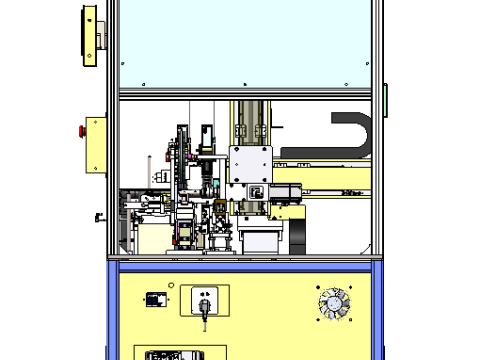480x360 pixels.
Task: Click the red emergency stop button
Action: coord(81,129)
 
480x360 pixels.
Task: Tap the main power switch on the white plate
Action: coord(203,301)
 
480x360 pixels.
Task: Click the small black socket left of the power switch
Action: coord(155,298)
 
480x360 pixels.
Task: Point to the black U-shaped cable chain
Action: coord(355,135)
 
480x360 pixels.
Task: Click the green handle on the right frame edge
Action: coord(386,97)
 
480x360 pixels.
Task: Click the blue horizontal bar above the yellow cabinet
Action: coord(245,266)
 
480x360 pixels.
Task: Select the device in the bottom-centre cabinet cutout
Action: coord(181,354)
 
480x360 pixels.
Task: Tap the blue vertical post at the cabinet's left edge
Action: coord(114,310)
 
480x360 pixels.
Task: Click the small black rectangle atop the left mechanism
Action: coord(205,135)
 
